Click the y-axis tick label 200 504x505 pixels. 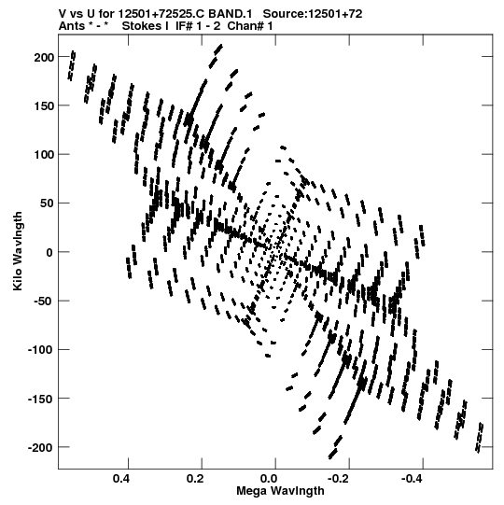(x=45, y=57)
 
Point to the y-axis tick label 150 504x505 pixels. (x=45, y=106)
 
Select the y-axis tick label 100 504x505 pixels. (x=45, y=155)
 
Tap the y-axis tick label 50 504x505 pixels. (x=48, y=203)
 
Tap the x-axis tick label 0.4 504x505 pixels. (x=121, y=479)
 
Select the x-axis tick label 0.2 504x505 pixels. (x=195, y=479)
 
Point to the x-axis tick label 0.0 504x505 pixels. (x=269, y=479)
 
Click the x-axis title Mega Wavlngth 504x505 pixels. (x=280, y=491)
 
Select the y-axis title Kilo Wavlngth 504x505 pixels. (x=18, y=251)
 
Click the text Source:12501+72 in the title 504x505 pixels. (x=313, y=14)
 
